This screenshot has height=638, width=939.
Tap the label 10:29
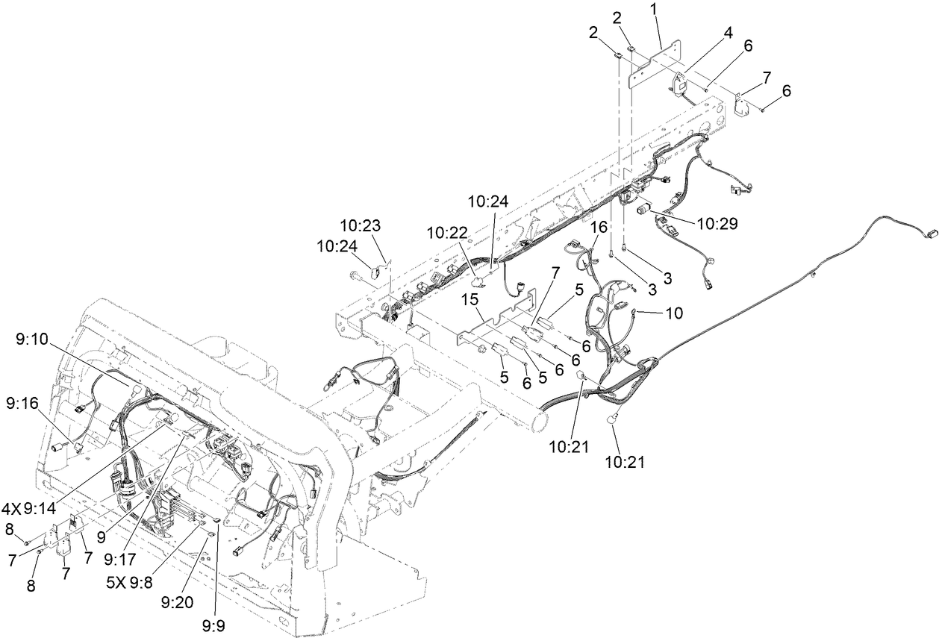click(717, 223)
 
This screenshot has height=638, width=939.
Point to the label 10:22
click(448, 234)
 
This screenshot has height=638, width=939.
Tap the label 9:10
click(31, 340)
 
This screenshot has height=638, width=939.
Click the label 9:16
click(22, 403)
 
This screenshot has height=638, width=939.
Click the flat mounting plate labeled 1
click(657, 66)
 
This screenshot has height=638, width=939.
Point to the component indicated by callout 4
click(681, 82)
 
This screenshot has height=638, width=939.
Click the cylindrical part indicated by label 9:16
click(55, 447)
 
